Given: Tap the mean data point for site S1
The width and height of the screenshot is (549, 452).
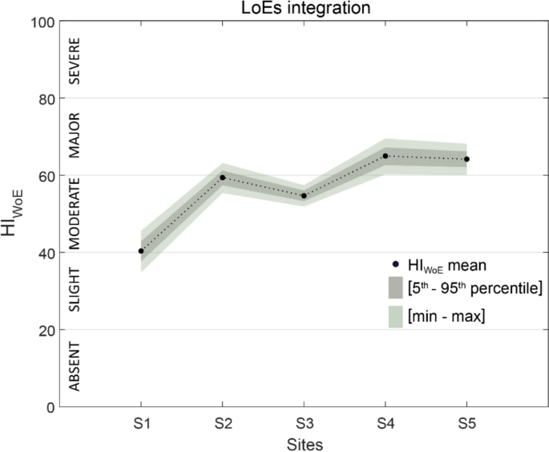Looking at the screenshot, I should (141, 251).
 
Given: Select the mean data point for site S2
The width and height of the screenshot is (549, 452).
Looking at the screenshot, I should (222, 177).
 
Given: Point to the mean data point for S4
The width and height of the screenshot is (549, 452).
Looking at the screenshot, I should (386, 156).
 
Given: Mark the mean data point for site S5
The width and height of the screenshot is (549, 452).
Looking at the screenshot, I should (466, 159).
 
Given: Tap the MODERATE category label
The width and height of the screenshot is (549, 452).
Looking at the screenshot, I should (74, 214).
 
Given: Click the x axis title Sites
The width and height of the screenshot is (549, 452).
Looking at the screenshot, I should (304, 442).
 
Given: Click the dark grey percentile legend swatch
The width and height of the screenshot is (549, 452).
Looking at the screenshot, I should (394, 287).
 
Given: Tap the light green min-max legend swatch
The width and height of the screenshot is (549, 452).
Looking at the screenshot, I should (394, 316).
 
